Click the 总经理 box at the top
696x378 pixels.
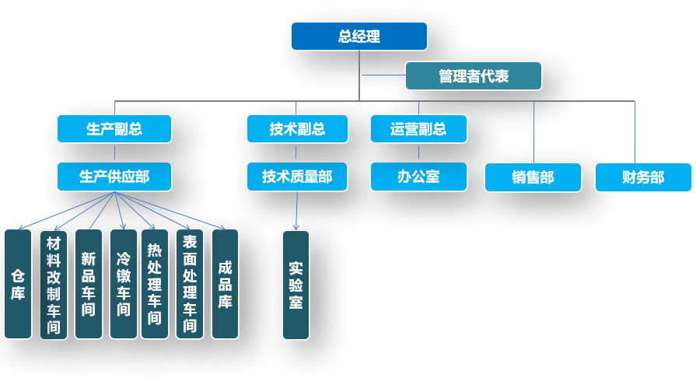pyautogui.click(x=359, y=37)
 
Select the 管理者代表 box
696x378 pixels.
pyautogui.click(x=473, y=76)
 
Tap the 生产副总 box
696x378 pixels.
pyautogui.click(x=114, y=128)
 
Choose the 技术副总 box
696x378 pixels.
pyautogui.click(x=297, y=128)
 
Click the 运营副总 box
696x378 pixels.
pyautogui.click(x=418, y=128)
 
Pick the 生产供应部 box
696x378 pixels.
pyautogui.click(x=114, y=177)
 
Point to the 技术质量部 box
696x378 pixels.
pyautogui.click(x=297, y=177)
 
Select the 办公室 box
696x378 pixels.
pyautogui.click(x=418, y=177)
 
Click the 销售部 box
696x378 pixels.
pyautogui.click(x=533, y=177)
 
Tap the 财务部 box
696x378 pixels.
pyautogui.click(x=643, y=177)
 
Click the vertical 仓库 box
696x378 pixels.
pyautogui.click(x=18, y=284)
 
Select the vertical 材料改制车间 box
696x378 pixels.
pyautogui.click(x=54, y=284)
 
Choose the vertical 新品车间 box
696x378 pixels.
pyautogui.click(x=89, y=284)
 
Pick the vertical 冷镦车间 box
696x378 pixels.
pyautogui.click(x=124, y=284)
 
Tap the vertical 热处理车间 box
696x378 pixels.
pyautogui.click(x=155, y=284)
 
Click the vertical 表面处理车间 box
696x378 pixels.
pyautogui.click(x=190, y=284)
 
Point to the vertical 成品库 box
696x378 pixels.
pyautogui.click(x=225, y=284)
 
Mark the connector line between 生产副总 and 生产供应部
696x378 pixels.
pyautogui.click(x=114, y=152)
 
